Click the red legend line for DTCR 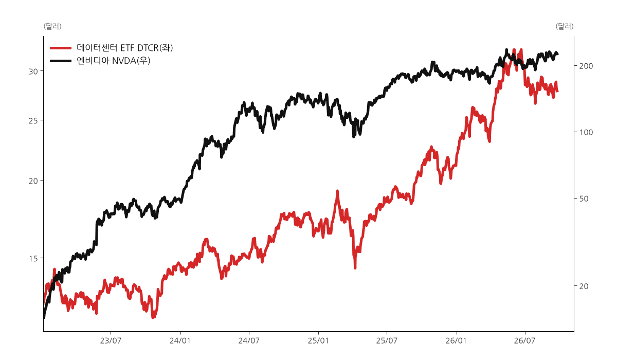coord(61,48)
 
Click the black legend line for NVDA coord(61,61)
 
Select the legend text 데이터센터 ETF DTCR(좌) coord(125,48)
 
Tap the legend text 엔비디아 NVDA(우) coord(114,61)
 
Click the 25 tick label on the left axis coord(33,121)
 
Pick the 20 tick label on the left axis coord(33,181)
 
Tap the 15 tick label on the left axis coord(33,259)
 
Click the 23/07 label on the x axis coord(111,341)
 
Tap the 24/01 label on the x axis coord(180,341)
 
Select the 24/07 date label coord(249,341)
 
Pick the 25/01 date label coord(318,341)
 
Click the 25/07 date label coord(387,341)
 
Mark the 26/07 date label coord(525,341)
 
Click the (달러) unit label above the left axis coord(52,26)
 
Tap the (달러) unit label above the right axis coord(565,26)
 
